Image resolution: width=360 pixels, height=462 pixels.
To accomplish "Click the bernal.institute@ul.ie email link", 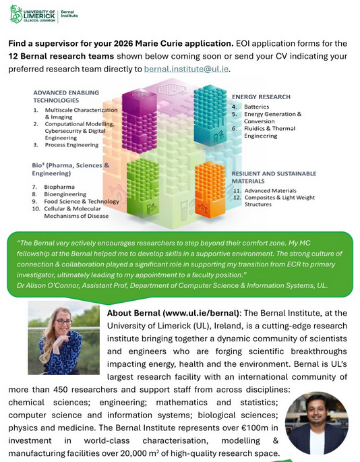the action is (187, 68).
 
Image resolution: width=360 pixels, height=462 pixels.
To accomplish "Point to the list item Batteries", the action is (256, 107).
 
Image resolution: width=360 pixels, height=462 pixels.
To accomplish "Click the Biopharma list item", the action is (60, 185).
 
